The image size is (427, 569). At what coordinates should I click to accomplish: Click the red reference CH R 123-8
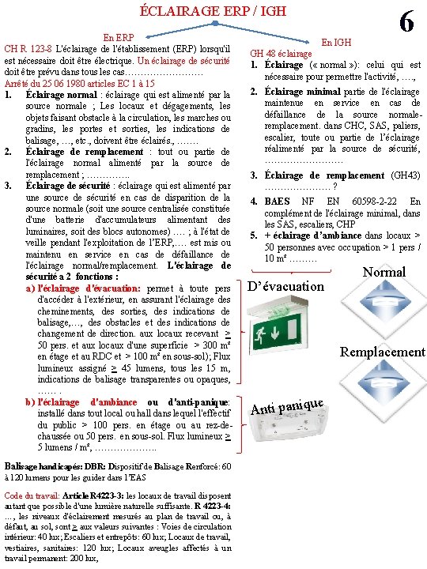click(28, 49)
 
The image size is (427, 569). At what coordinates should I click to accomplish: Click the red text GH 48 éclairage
click(281, 54)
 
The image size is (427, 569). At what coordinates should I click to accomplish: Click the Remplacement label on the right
click(382, 352)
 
